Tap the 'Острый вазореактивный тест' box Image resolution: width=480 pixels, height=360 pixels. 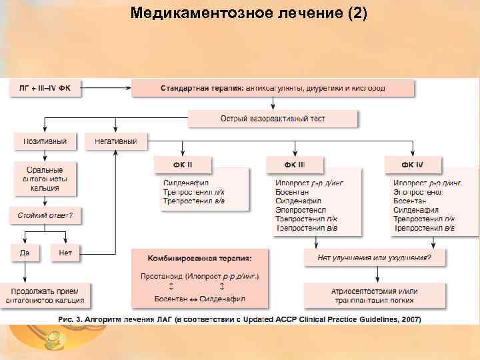pos(273,119)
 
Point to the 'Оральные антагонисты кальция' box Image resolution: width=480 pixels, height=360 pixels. pos(45,178)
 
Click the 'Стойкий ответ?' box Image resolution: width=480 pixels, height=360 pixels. pos(45,216)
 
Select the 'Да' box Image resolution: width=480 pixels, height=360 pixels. pos(25,253)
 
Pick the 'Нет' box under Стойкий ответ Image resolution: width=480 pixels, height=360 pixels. pos(65,253)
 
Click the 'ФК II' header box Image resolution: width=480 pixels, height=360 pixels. pos(183,164)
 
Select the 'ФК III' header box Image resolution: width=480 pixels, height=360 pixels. pos(295,164)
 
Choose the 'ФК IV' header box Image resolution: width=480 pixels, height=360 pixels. pos(412,164)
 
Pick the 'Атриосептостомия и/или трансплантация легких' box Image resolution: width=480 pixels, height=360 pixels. pos(374,295)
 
